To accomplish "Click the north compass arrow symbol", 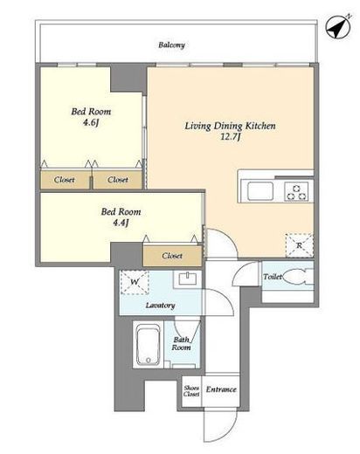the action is (338, 26).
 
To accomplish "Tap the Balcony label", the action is (171, 45).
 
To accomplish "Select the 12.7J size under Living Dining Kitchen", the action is (230, 137).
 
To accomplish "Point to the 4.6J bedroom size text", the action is (91, 122).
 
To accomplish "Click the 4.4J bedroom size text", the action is (121, 223).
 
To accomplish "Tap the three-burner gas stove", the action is (296, 191).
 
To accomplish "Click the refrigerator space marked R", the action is (300, 245).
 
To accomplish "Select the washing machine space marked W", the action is (135, 282).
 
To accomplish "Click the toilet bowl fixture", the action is (297, 277).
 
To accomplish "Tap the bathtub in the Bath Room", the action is (149, 345).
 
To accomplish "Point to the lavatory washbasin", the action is (188, 279).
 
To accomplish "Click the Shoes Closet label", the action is (191, 391).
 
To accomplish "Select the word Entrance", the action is (221, 389).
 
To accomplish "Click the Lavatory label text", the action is (161, 306).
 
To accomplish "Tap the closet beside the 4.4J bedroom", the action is (172, 256).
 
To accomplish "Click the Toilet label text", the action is (273, 277).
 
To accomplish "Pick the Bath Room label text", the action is (181, 343).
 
